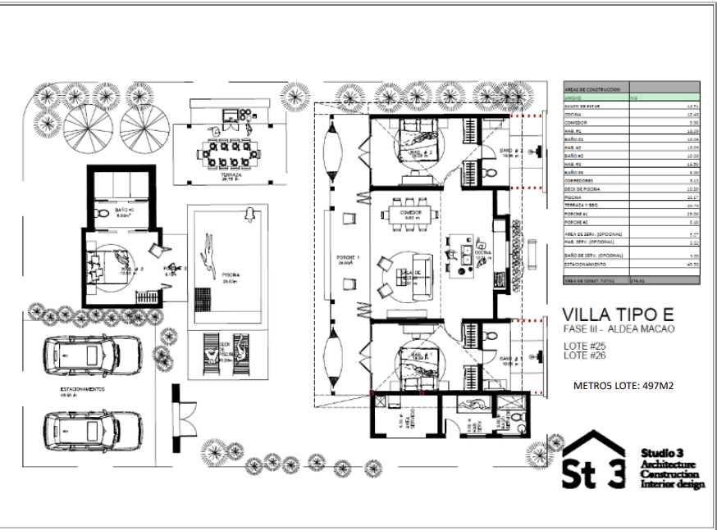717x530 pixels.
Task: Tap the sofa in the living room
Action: coord(423,275)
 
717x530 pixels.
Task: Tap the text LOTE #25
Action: coord(585,346)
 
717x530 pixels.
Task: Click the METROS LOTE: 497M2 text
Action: coord(623,385)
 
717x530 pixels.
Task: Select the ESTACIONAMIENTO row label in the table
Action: coord(587,265)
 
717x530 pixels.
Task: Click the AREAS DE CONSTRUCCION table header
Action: coord(591,87)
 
